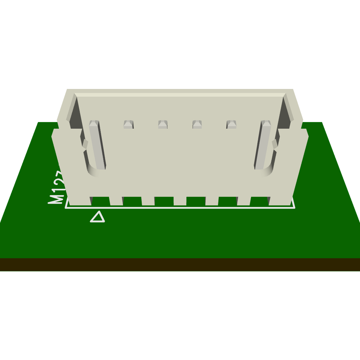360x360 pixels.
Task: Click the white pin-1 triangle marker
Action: pos(97,217)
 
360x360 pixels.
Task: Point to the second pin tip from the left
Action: pos(128,124)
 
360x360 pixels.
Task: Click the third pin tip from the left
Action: pos(162,124)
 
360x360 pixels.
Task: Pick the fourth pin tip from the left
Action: pos(197,124)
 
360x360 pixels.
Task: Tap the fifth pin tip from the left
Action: pos(231,124)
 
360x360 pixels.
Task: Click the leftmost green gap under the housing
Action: pos(101,201)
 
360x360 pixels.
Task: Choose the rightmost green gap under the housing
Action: pos(259,201)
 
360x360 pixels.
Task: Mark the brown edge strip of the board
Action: pos(180,265)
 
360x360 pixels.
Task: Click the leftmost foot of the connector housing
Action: pos(79,201)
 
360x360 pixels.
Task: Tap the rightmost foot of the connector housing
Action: pos(281,201)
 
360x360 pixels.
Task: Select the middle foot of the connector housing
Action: pos(180,201)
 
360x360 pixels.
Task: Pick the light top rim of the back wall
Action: pos(180,95)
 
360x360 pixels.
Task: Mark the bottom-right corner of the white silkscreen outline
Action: pos(294,207)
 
